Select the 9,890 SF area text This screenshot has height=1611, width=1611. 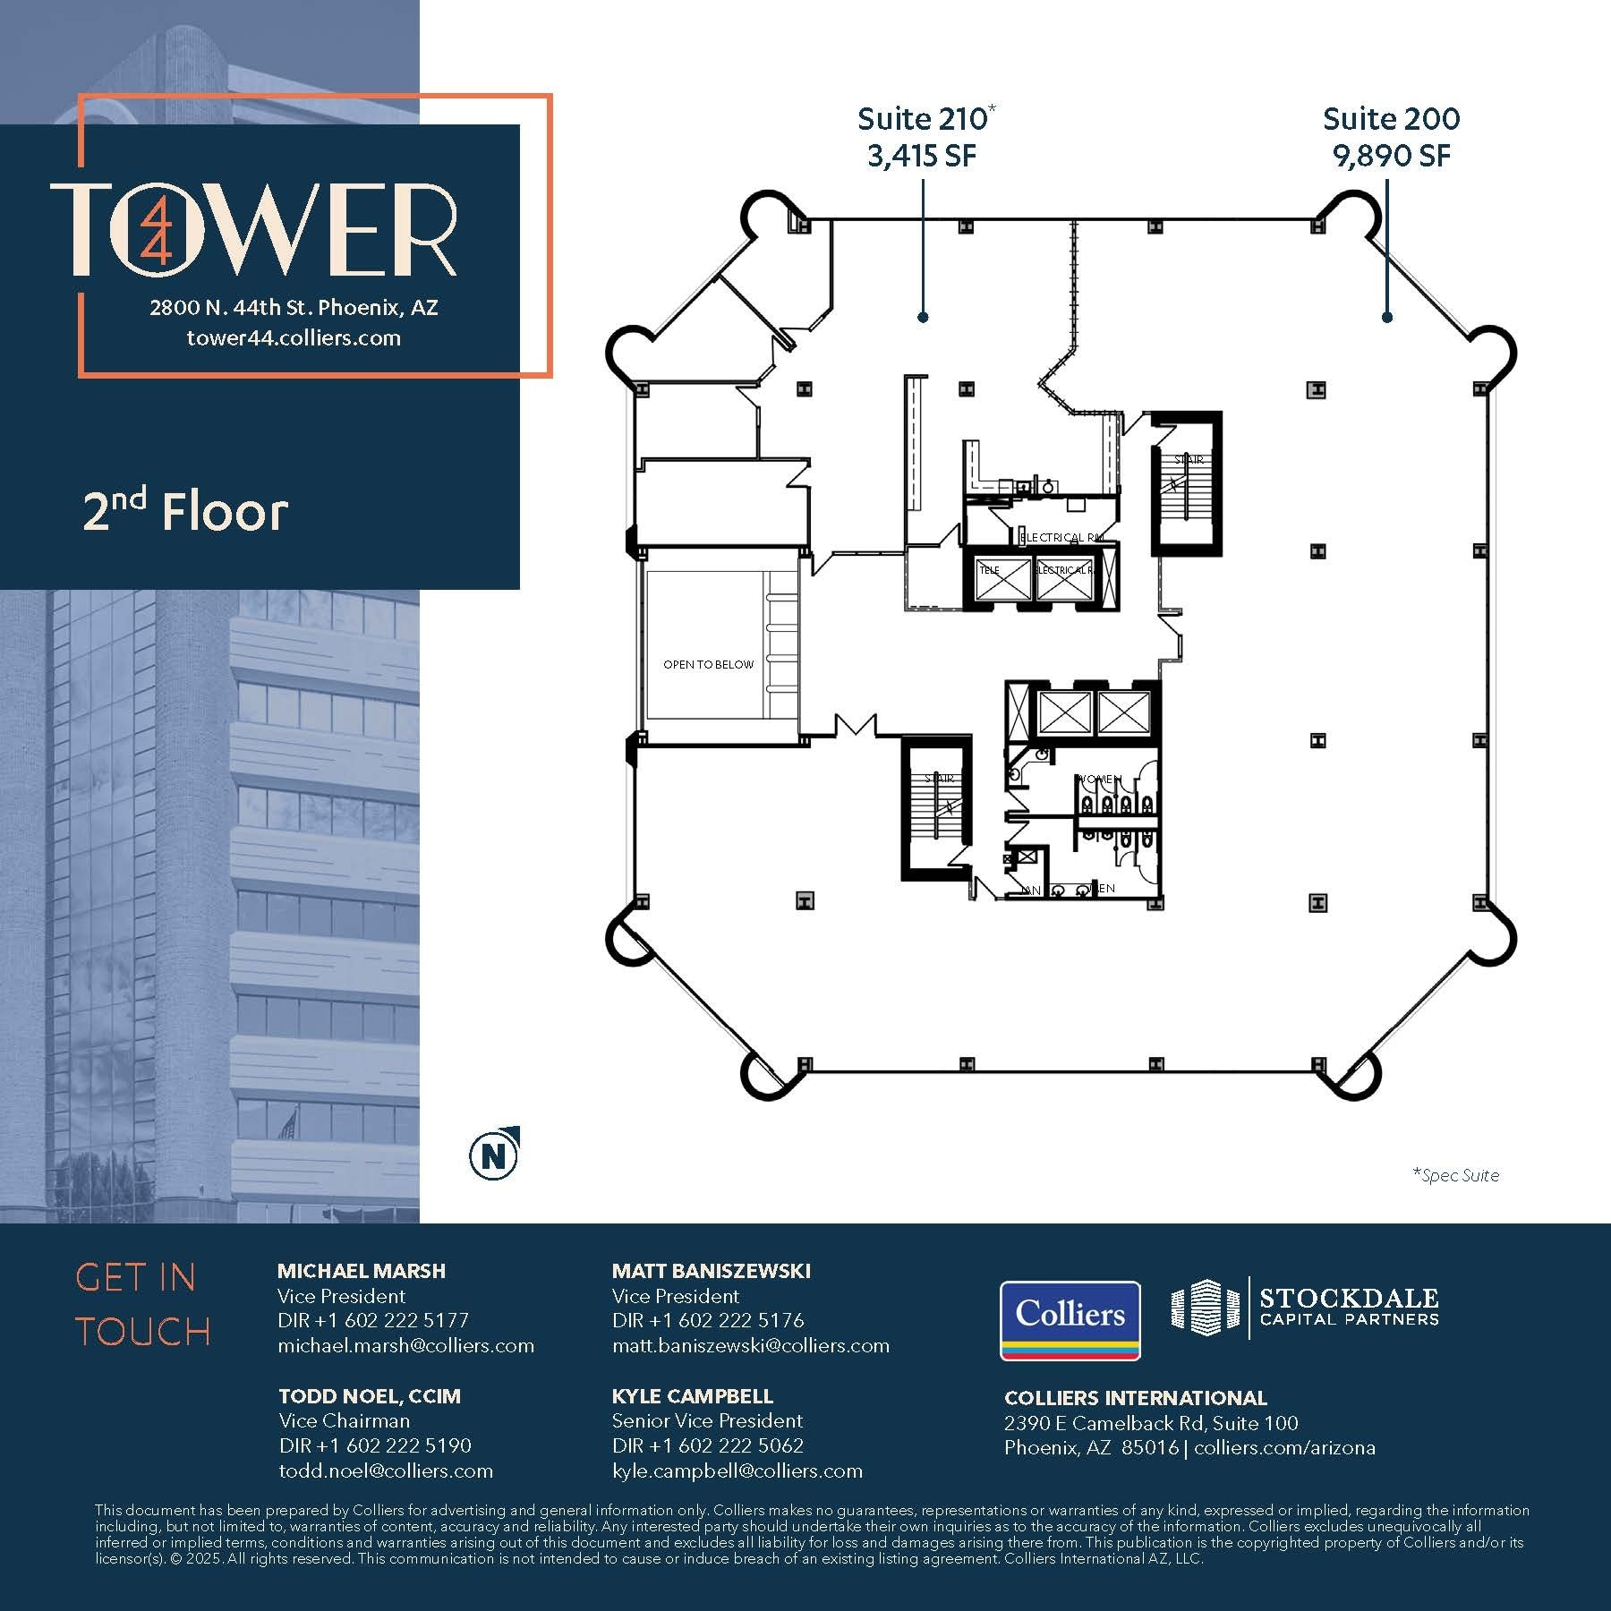coord(1391,157)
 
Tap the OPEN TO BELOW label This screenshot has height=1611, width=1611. coord(708,664)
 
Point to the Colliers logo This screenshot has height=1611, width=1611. coord(1070,1320)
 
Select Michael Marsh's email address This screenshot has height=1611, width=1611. coord(405,1345)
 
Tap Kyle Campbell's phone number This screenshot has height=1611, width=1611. coord(708,1445)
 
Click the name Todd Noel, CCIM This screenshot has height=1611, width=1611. coord(370,1396)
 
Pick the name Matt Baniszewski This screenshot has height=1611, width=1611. coord(712,1271)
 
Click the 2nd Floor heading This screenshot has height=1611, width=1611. coord(185,512)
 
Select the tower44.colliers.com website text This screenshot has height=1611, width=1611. coord(294,338)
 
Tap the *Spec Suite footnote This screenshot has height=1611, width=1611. coord(1455,1175)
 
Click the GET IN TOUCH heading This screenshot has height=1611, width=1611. coord(143,1305)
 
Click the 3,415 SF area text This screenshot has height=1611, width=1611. coord(921,157)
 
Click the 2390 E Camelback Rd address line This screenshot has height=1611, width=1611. coord(1151,1423)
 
